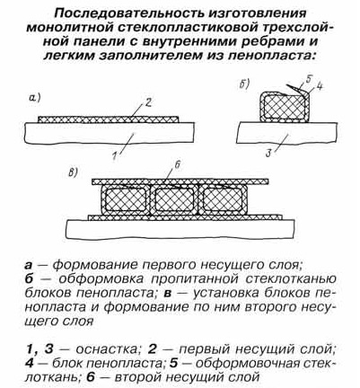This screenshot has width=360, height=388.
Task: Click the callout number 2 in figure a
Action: (x=148, y=103)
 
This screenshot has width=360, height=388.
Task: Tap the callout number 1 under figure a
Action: (x=114, y=156)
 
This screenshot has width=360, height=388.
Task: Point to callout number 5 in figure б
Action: (x=309, y=80)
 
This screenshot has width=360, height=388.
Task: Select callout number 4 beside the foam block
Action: (x=319, y=87)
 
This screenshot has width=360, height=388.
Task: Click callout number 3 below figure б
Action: (x=268, y=154)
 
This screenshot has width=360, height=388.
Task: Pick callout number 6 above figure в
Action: (x=177, y=166)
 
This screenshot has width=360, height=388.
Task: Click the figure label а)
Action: (x=35, y=97)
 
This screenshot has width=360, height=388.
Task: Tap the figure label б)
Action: (x=244, y=85)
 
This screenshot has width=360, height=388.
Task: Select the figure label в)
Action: (x=73, y=172)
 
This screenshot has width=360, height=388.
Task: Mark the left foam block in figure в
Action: (x=125, y=199)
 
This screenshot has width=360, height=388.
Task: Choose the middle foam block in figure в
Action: (x=174, y=199)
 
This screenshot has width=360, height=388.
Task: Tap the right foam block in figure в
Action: (x=224, y=199)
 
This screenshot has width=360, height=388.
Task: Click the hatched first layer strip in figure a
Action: (x=109, y=119)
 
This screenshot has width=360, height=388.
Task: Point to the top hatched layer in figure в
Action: (x=180, y=181)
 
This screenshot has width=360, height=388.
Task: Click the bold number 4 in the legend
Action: (x=30, y=363)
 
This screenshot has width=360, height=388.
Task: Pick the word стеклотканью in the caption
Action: (x=291, y=279)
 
